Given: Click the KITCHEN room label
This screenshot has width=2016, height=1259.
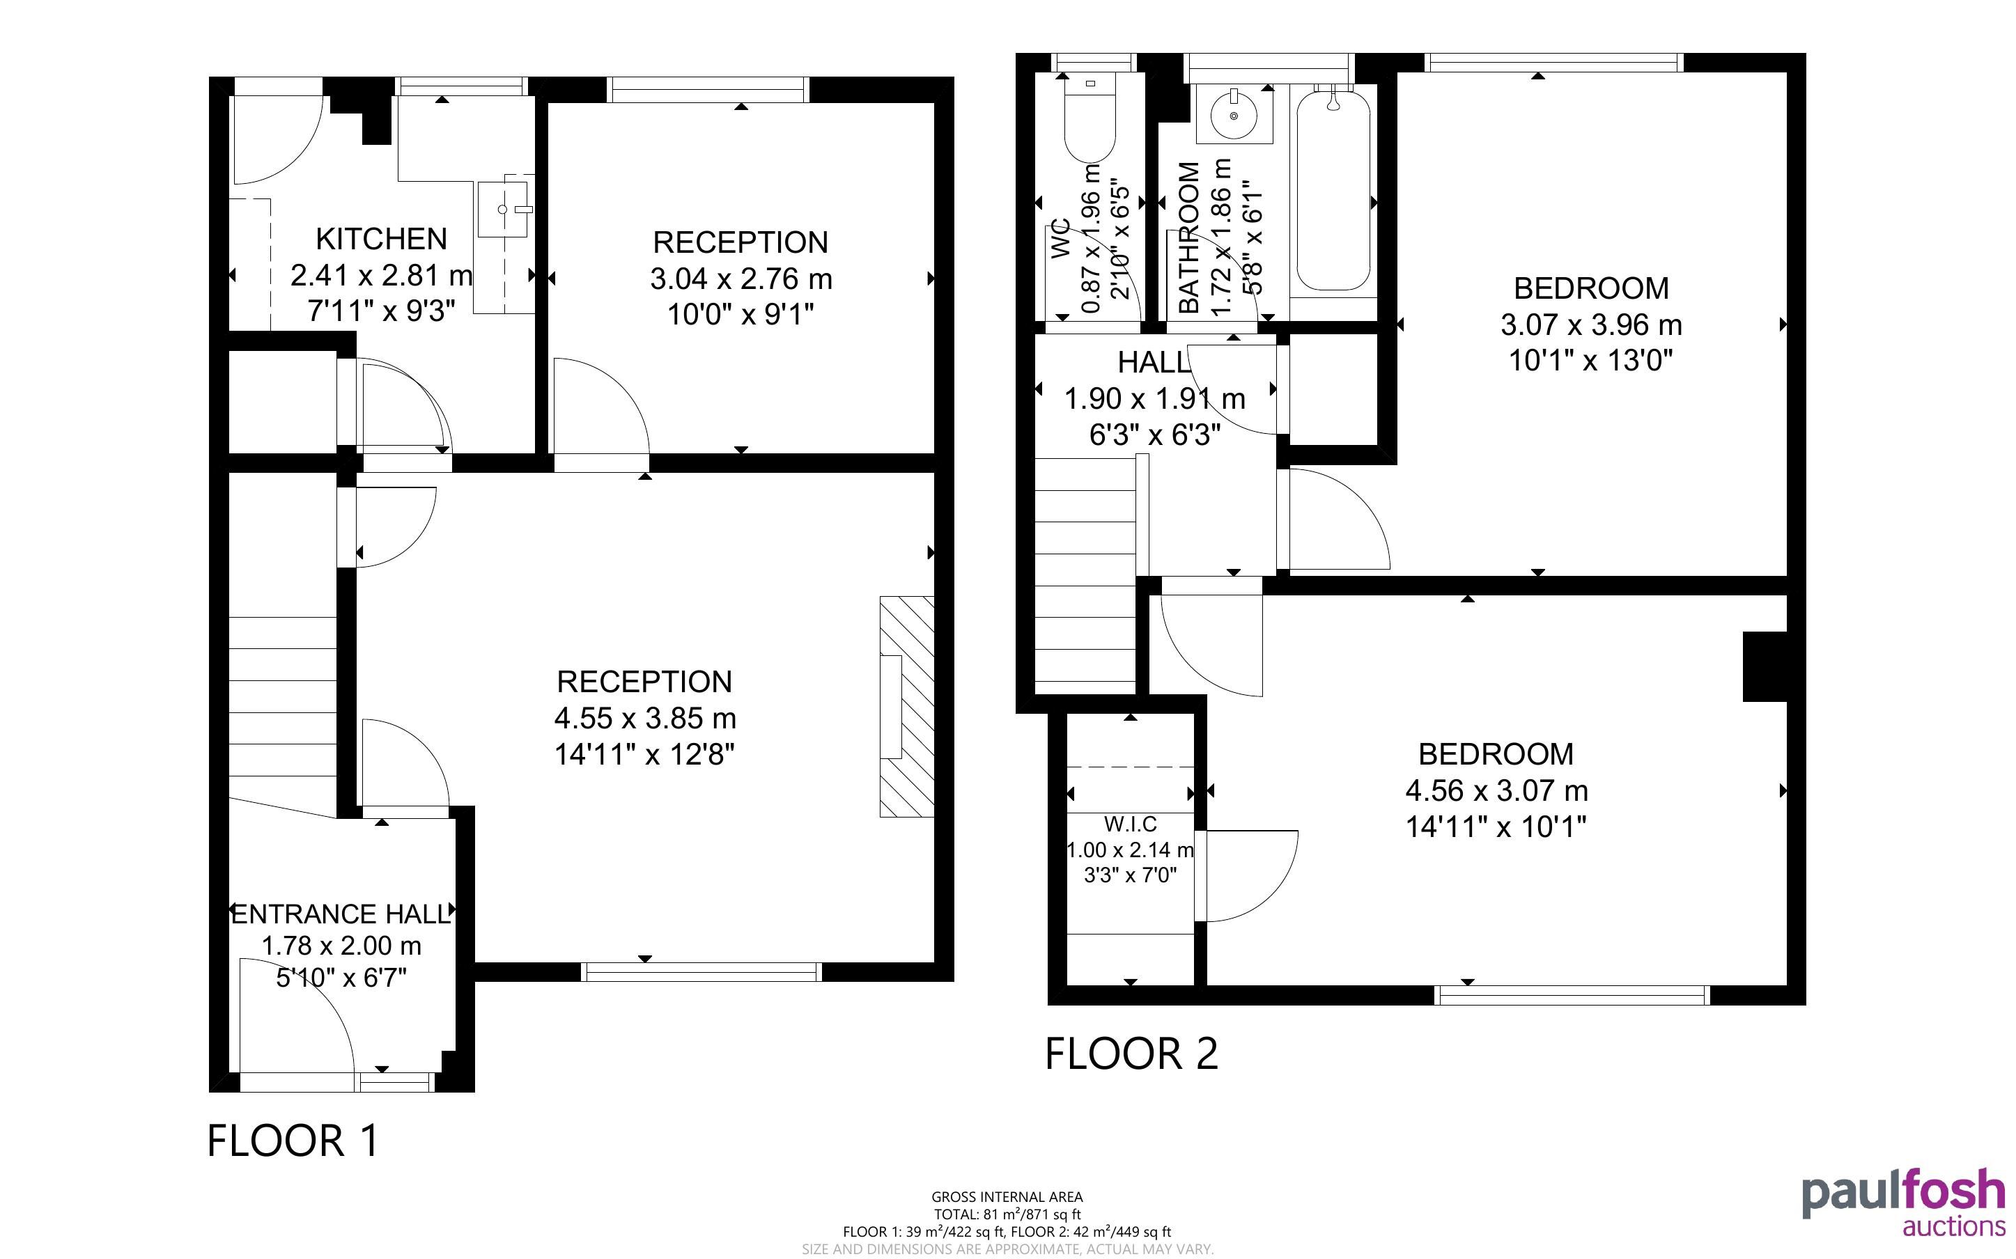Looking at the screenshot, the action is [x=381, y=239].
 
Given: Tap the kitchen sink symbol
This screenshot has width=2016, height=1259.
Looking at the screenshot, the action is [x=503, y=209].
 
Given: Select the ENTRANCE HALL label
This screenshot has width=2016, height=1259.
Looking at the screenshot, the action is [x=341, y=914].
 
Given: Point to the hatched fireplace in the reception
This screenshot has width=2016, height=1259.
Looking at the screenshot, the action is [x=907, y=706].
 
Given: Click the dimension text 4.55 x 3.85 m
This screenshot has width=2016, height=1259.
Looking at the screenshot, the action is [x=645, y=718].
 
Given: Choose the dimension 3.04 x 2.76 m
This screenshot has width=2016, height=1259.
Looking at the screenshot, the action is [x=741, y=278].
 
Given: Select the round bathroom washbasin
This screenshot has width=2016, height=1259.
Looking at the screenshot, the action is [x=1234, y=115].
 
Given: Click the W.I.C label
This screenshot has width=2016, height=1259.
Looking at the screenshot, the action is [x=1130, y=824].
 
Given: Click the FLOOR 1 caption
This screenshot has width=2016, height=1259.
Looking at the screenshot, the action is [x=293, y=1141].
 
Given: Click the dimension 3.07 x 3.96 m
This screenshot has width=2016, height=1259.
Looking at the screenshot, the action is [x=1591, y=324].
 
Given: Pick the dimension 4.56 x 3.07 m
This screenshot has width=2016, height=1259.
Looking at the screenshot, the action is [x=1496, y=790].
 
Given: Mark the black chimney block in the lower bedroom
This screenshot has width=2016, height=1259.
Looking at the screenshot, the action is [x=1765, y=667].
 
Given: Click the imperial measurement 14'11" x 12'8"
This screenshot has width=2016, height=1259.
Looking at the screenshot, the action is [x=645, y=754].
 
